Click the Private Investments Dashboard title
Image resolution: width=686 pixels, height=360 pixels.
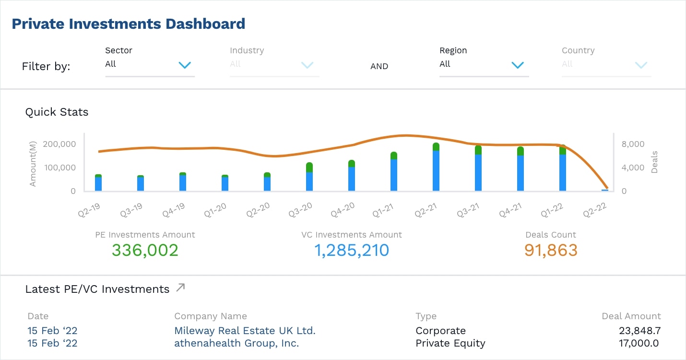pos(128,24)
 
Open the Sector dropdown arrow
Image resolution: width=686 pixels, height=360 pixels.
pos(185,65)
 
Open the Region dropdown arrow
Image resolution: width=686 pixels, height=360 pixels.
pos(517,65)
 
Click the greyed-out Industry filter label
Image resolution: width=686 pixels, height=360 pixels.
pos(247,50)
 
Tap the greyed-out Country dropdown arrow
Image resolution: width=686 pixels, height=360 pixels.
pos(641,65)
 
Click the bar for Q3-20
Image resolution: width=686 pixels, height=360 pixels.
pos(309,177)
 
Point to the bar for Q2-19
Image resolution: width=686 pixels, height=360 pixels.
pos(98,183)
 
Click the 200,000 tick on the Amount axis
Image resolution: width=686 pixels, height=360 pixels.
pos(59,144)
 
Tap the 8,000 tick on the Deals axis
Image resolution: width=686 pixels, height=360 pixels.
pos(633,144)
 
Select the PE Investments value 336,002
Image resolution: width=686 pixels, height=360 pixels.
pos(145,250)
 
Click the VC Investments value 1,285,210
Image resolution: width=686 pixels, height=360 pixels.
pos(351,250)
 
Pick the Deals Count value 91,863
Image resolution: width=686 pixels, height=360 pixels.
pos(551,250)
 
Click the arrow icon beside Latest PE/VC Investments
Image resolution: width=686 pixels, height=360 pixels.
pos(180,288)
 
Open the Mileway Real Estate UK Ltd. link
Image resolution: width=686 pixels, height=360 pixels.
pos(245,331)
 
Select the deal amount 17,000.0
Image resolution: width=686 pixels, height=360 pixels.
pos(639,343)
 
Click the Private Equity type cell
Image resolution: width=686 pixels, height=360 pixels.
pos(450,343)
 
